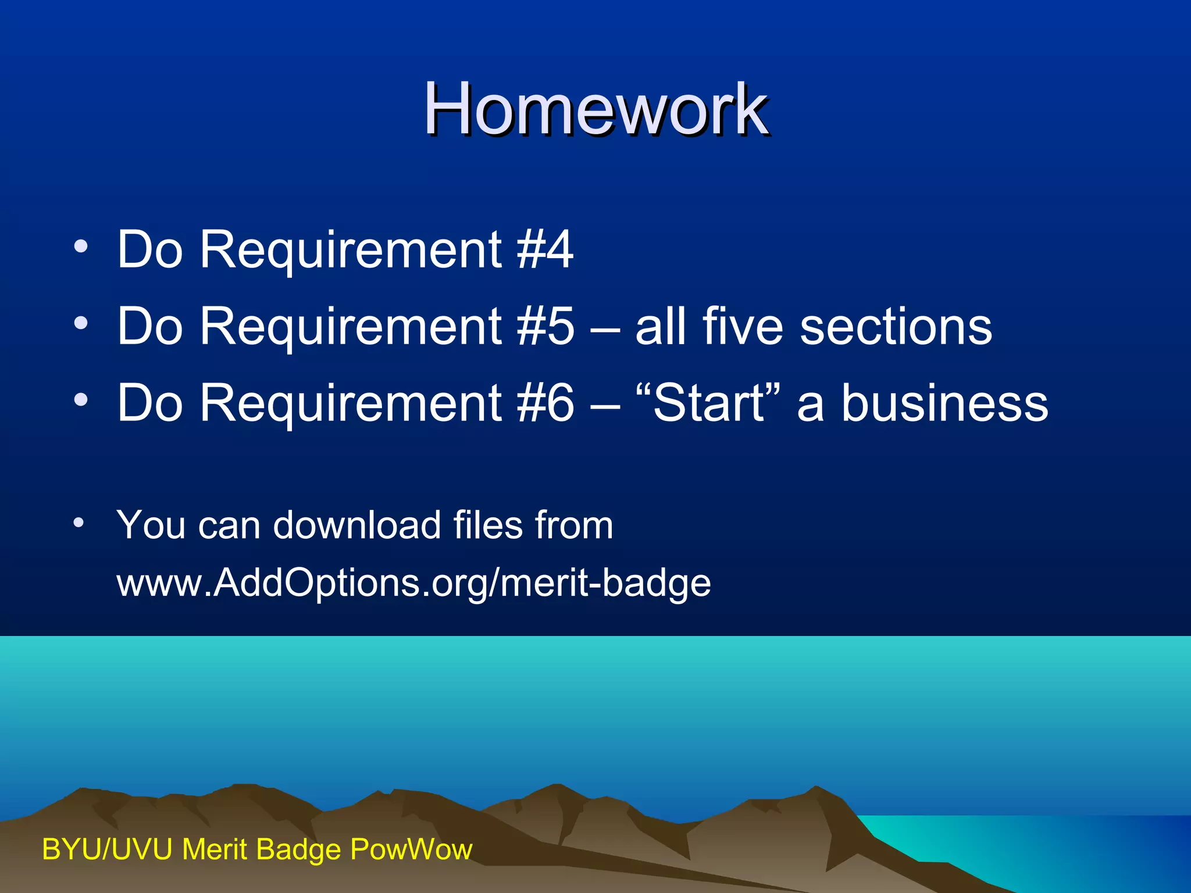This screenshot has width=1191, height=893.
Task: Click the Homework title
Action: [595, 109]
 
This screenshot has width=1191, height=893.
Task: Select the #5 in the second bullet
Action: [544, 326]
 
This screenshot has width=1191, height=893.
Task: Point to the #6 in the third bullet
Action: [544, 403]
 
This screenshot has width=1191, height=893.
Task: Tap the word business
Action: [944, 403]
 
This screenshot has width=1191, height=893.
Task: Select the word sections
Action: [896, 326]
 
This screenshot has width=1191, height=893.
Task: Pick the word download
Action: [357, 525]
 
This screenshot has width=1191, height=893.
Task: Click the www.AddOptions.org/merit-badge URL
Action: [413, 583]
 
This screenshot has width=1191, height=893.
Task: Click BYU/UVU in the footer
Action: [107, 849]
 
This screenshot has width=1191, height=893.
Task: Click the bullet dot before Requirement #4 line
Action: [81, 247]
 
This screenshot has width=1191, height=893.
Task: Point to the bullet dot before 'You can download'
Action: [79, 522]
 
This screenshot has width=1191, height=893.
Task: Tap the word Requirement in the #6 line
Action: [351, 403]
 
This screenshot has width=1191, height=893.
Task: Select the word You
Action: [151, 525]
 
